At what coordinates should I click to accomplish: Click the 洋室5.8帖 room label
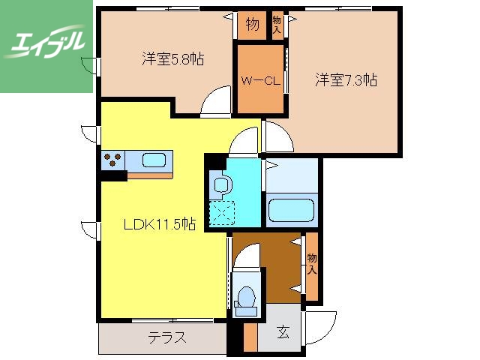173,58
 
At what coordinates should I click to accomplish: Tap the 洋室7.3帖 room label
345,79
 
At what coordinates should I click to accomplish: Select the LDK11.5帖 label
160,223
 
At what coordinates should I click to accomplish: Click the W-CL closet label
260,82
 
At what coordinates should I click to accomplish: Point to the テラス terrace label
166,338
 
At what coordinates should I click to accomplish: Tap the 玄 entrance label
284,331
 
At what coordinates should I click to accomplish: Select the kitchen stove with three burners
113,160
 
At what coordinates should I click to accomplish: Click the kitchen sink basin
154,160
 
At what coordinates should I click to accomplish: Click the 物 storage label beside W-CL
253,25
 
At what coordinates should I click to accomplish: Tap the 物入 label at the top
277,25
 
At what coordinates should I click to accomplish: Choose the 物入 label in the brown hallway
310,262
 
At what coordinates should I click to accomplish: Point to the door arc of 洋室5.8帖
218,100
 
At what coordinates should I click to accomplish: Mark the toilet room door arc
246,259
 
